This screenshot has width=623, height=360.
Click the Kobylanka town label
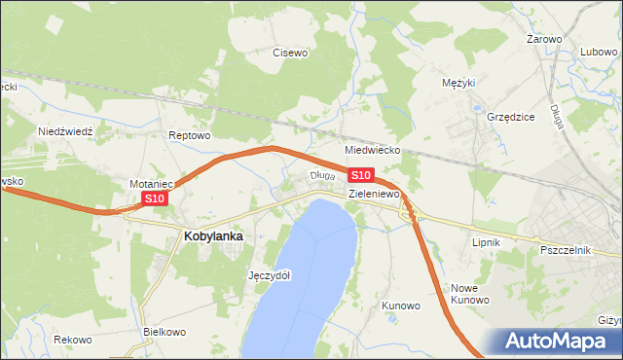pyautogui.click(x=213, y=235)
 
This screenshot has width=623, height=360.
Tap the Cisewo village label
pyautogui.click(x=289, y=53)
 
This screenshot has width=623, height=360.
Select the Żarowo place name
pyautogui.click(x=544, y=39)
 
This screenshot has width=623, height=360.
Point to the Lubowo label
pyautogui.click(x=600, y=53)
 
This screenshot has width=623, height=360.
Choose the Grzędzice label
pyautogui.click(x=510, y=117)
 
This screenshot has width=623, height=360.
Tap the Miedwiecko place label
pyautogui.click(x=373, y=152)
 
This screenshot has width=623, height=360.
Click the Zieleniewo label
pyautogui.click(x=375, y=195)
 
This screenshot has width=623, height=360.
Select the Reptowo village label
pyautogui.click(x=189, y=135)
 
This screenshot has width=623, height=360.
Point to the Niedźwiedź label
pyautogui.click(x=64, y=130)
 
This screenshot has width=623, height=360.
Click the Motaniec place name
pyautogui.click(x=151, y=183)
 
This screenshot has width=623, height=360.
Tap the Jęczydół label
pyautogui.click(x=270, y=275)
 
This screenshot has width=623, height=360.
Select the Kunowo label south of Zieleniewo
pyautogui.click(x=400, y=306)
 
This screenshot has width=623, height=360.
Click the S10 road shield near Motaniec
pyautogui.click(x=155, y=198)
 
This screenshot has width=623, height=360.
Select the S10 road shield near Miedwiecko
pyautogui.click(x=359, y=175)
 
